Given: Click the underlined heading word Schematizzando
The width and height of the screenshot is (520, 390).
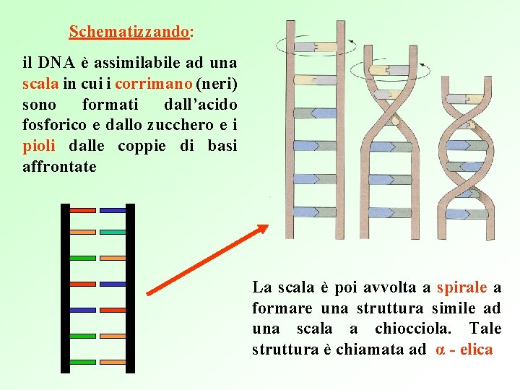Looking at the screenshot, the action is (x=129, y=32).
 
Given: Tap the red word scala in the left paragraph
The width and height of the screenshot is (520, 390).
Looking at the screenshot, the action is (x=38, y=84).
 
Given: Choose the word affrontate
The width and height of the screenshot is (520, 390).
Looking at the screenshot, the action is (x=59, y=167).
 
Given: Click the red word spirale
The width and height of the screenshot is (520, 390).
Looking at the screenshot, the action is (x=462, y=287).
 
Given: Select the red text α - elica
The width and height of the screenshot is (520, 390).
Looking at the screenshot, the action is (x=464, y=350).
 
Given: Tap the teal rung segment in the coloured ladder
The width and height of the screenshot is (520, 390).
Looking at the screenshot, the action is (x=113, y=233).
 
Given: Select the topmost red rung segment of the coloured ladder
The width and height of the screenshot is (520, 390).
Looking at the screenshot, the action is (x=82, y=210).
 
